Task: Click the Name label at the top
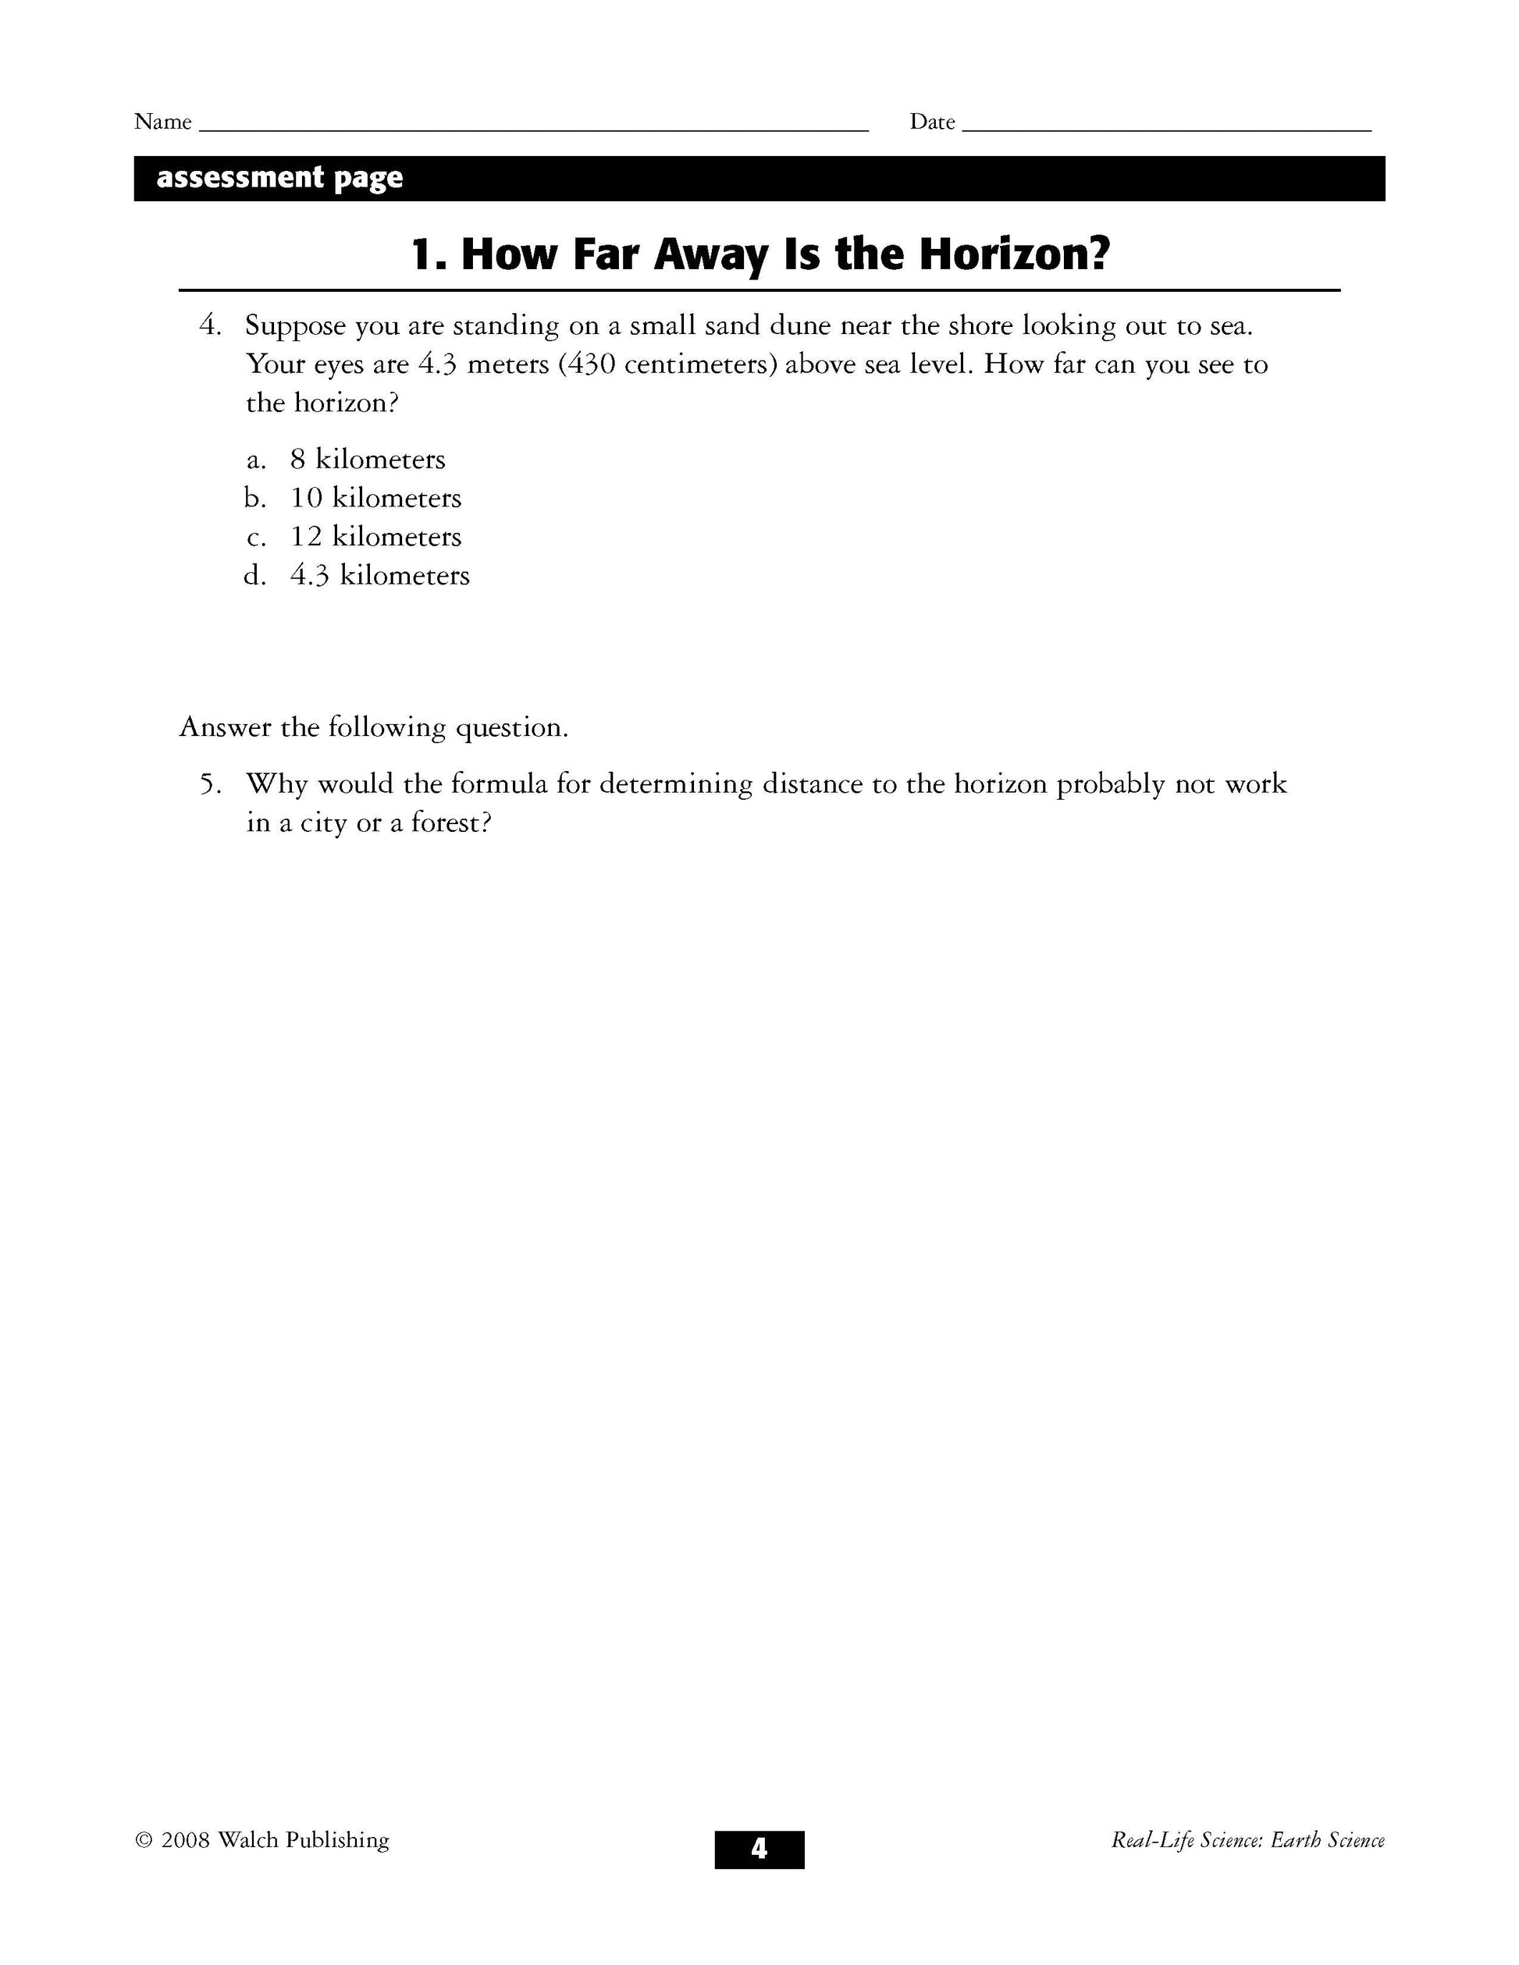pyautogui.click(x=163, y=122)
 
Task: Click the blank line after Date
pyautogui.click(x=1166, y=129)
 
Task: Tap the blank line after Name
pyautogui.click(x=532, y=129)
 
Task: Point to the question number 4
pyautogui.click(x=208, y=325)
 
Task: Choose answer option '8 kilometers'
pyautogui.click(x=367, y=460)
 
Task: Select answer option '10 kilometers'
pyautogui.click(x=375, y=499)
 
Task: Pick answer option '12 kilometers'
pyautogui.click(x=375, y=537)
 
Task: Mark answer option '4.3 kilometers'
pyautogui.click(x=379, y=576)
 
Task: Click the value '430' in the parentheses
pyautogui.click(x=591, y=365)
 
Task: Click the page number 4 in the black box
pyautogui.click(x=759, y=1849)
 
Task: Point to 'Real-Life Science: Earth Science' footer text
pyautogui.click(x=1247, y=1841)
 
